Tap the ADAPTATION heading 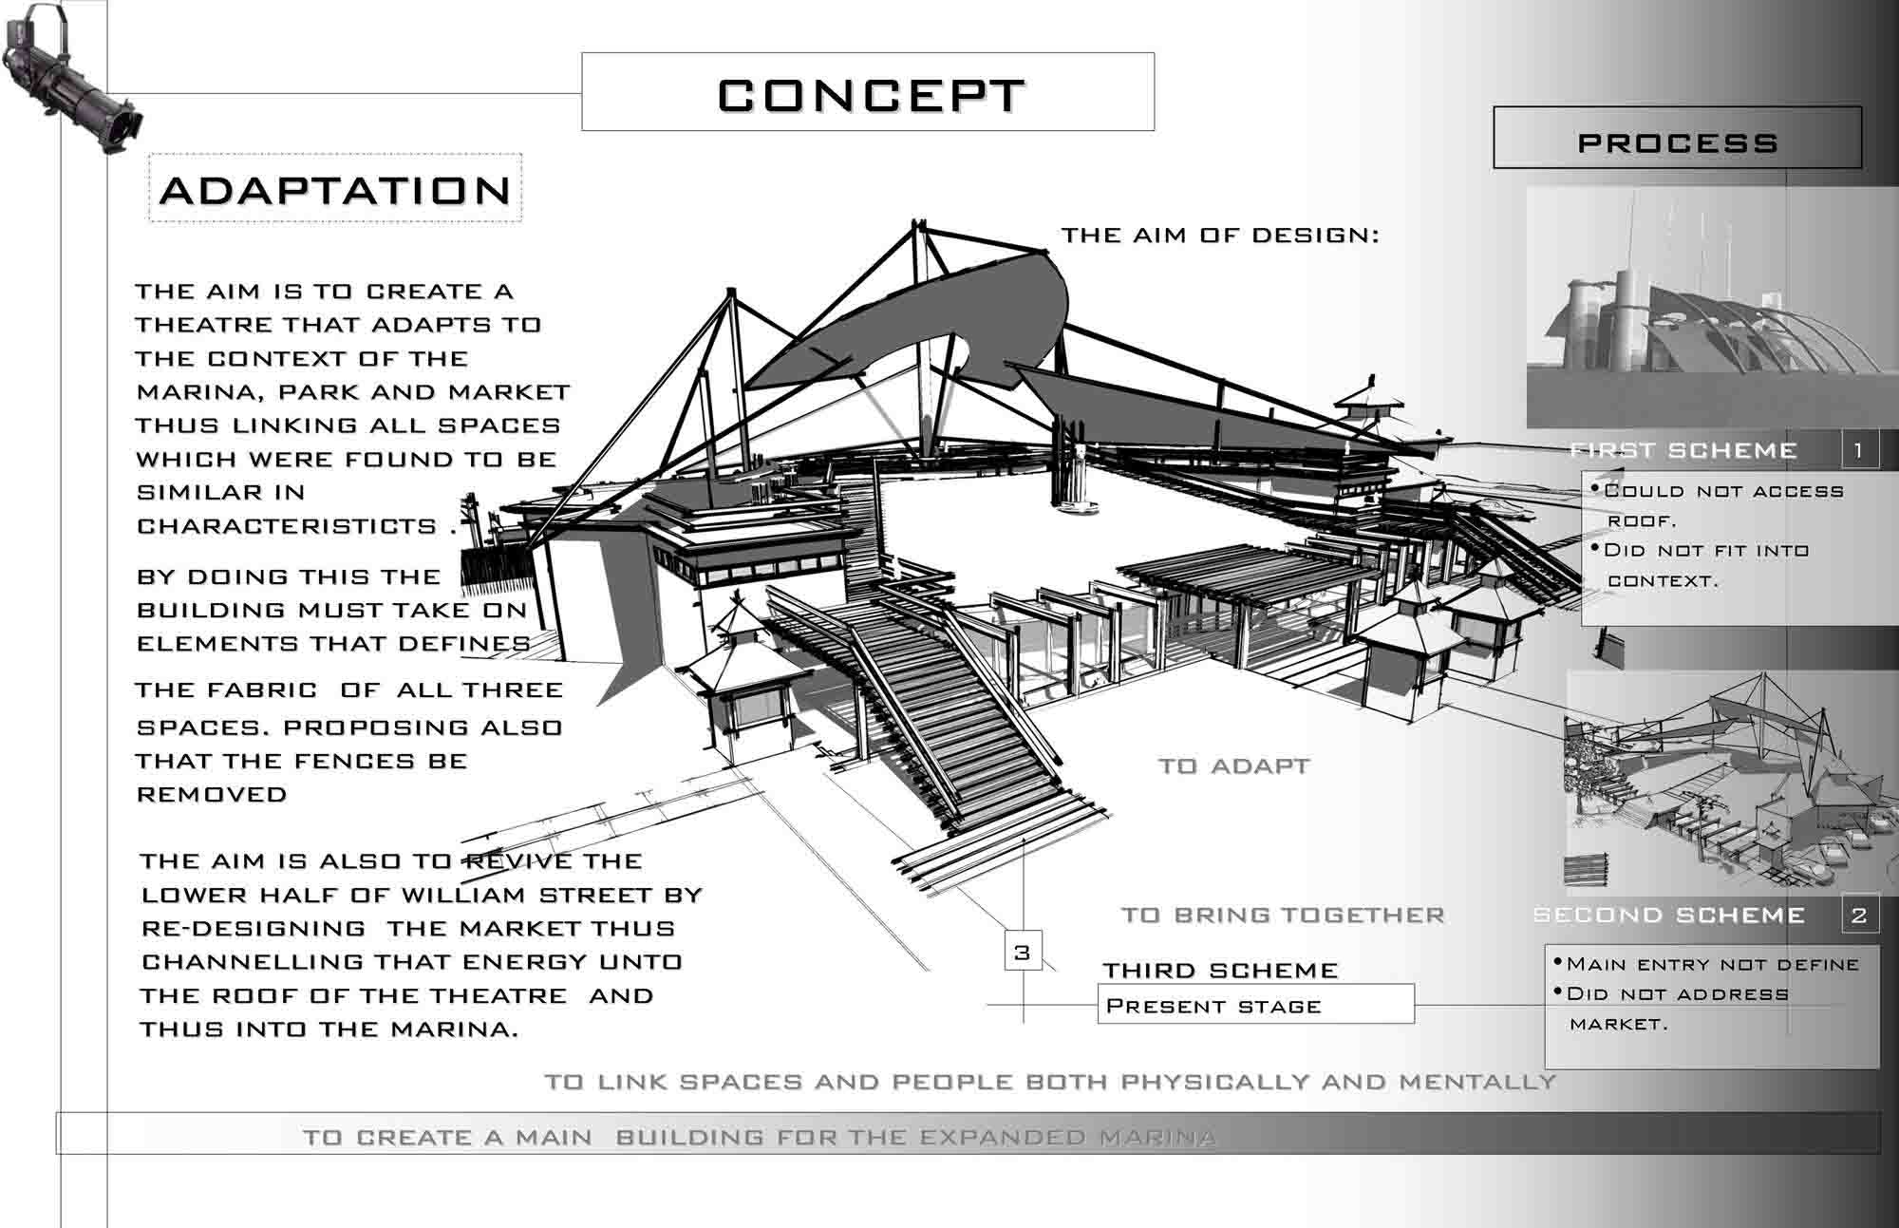point(336,190)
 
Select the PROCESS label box point(1678,138)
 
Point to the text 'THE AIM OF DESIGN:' point(1220,235)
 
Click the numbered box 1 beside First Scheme point(1858,449)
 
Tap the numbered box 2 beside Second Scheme point(1858,915)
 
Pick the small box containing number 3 point(1022,952)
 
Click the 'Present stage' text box point(1256,1005)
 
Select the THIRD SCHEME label point(1220,970)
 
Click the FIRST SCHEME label point(1683,450)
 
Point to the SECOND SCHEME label point(1669,915)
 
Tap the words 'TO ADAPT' point(1234,765)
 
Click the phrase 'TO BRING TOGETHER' point(1283,915)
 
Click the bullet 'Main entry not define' point(1705,964)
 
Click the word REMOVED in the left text point(212,794)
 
